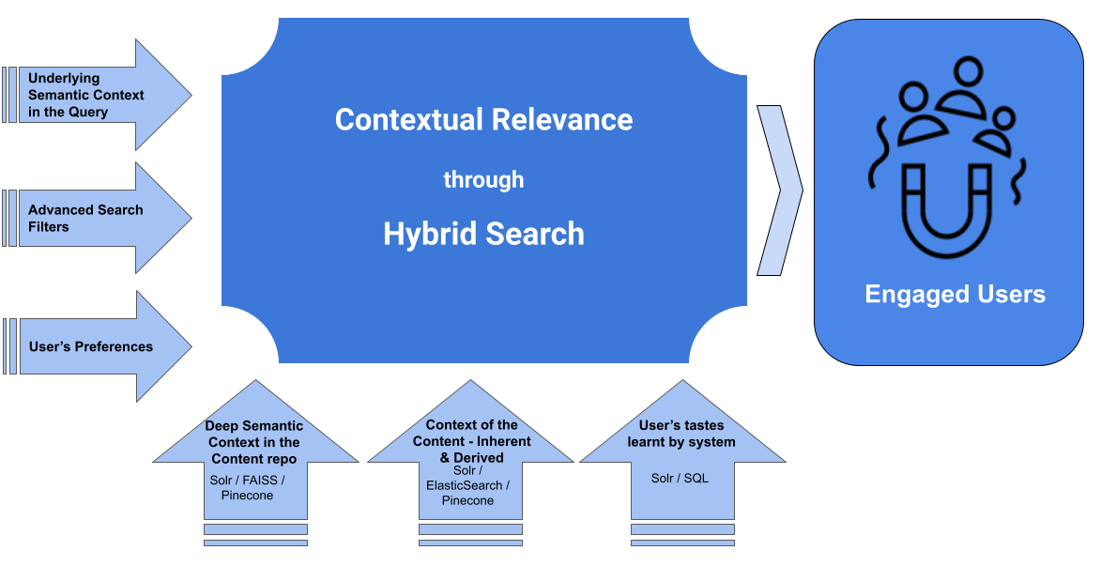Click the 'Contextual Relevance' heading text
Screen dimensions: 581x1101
coord(483,120)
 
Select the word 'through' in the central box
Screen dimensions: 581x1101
coord(483,179)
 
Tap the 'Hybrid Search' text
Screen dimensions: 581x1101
coord(483,234)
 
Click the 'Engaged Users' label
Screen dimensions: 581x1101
coord(955,295)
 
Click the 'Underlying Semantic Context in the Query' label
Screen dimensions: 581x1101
coord(85,95)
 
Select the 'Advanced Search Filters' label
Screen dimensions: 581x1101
coord(85,218)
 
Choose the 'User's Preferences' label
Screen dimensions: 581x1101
coord(90,346)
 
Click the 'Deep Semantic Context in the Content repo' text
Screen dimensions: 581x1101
coord(255,442)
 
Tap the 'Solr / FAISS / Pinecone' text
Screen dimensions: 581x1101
coord(248,487)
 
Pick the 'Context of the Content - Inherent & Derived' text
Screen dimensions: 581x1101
coord(471,440)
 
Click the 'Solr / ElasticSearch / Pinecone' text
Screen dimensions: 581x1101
coord(467,485)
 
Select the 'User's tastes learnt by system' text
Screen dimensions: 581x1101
coord(681,434)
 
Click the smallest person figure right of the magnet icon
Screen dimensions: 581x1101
coord(999,131)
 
